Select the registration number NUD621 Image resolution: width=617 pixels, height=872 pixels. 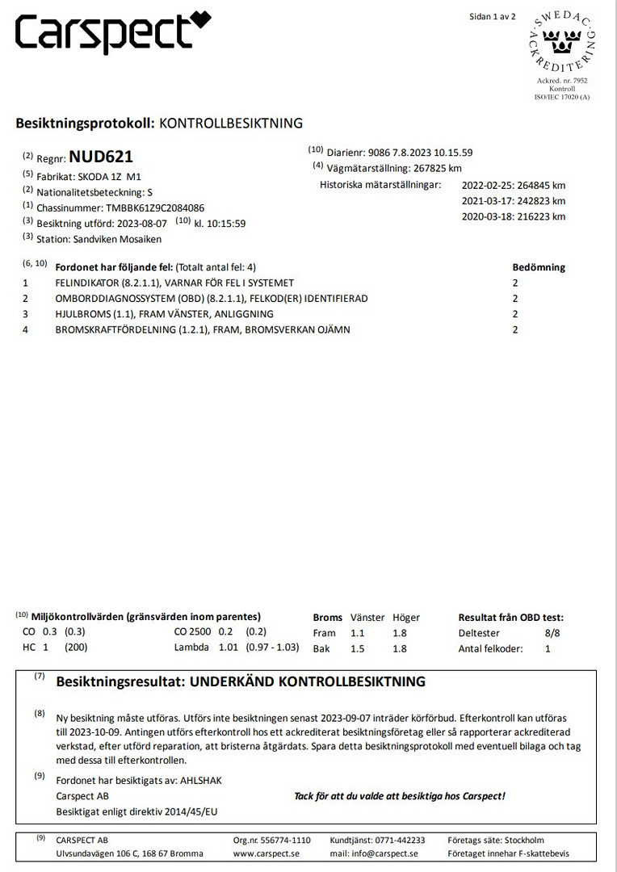[x=101, y=157]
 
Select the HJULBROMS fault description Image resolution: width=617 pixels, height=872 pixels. [x=164, y=314]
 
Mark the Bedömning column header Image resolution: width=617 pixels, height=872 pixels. [x=539, y=267]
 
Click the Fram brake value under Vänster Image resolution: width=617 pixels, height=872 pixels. [x=358, y=633]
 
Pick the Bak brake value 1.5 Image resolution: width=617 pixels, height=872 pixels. [x=358, y=648]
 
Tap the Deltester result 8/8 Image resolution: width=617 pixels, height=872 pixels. [x=550, y=633]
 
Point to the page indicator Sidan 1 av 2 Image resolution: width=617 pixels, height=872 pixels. [x=492, y=16]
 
